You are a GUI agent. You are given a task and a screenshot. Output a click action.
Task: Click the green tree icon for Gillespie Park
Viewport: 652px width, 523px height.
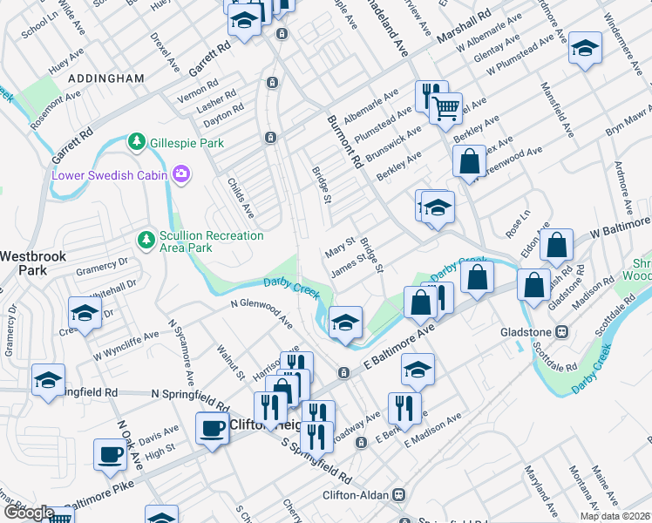point(136,142)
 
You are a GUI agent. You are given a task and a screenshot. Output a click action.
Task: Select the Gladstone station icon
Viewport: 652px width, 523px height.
point(563,332)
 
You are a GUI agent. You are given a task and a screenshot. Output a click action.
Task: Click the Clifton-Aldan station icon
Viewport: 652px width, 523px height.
point(398,495)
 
